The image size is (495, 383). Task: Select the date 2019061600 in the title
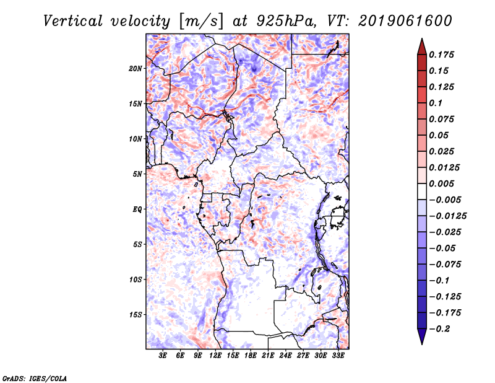point(403,20)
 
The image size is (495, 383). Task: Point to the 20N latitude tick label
point(136,68)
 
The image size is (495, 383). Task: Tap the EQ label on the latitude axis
point(137,209)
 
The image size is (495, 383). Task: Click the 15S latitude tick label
point(136,315)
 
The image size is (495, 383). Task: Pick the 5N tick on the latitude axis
point(137,174)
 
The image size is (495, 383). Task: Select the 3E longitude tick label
point(163,356)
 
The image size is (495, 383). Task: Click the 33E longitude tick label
point(338,356)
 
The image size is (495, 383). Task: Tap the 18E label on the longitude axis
point(251,356)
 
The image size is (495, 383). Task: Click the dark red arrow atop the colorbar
point(421,46)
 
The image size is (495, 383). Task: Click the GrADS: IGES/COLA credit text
point(34,377)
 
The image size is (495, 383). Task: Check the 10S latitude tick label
point(136,280)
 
